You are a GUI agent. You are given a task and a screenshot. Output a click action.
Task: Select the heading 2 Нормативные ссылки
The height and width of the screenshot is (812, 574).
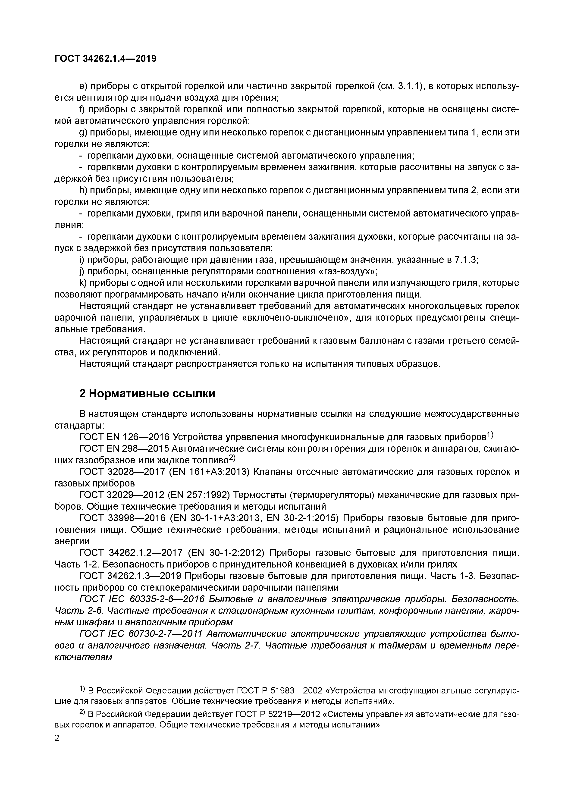(x=147, y=394)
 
